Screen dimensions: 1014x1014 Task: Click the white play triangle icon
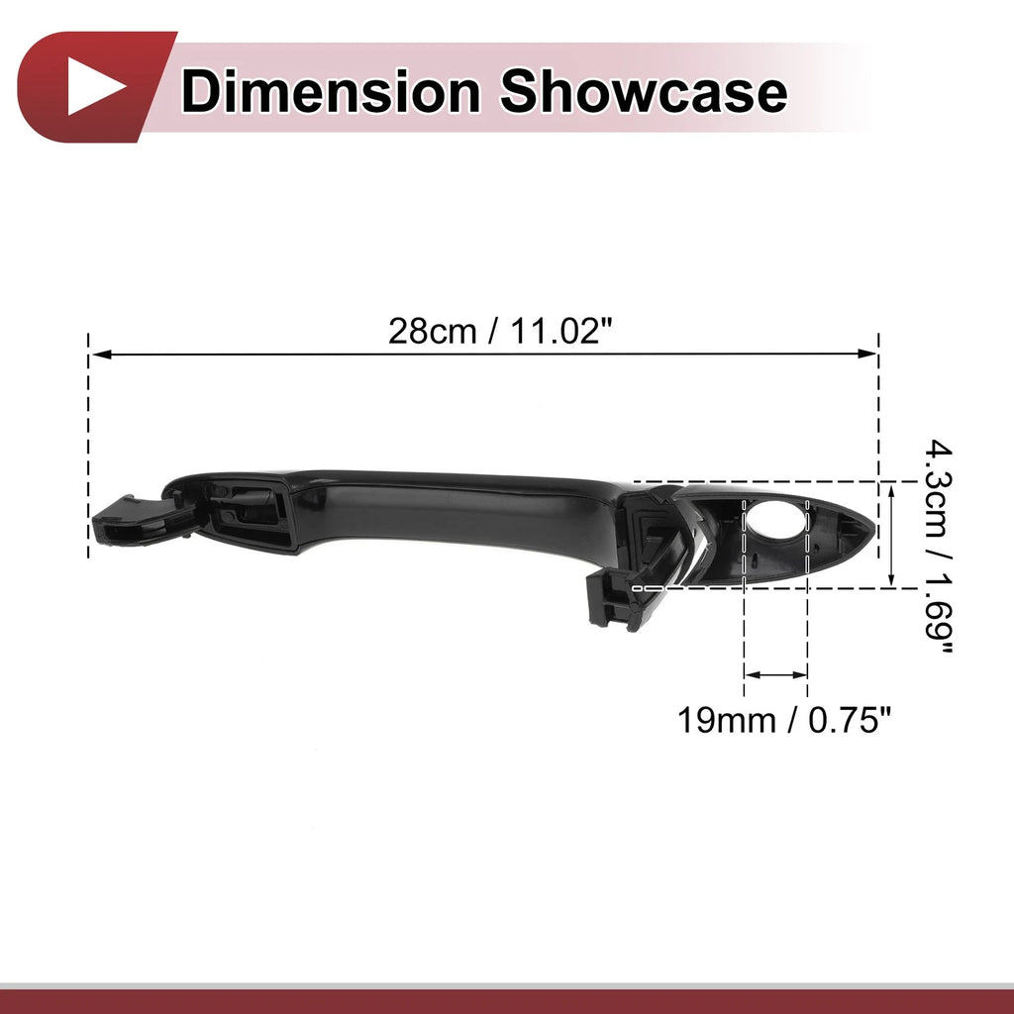click(94, 86)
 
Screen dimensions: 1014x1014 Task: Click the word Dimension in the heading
click(331, 91)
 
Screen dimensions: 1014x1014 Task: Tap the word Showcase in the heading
click(644, 91)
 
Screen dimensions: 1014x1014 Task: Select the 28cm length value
click(432, 332)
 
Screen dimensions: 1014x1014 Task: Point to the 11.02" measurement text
click(560, 331)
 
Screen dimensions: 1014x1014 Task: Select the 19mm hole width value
click(726, 720)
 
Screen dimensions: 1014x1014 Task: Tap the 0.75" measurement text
click(850, 720)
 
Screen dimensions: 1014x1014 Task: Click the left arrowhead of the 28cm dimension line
click(101, 355)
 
